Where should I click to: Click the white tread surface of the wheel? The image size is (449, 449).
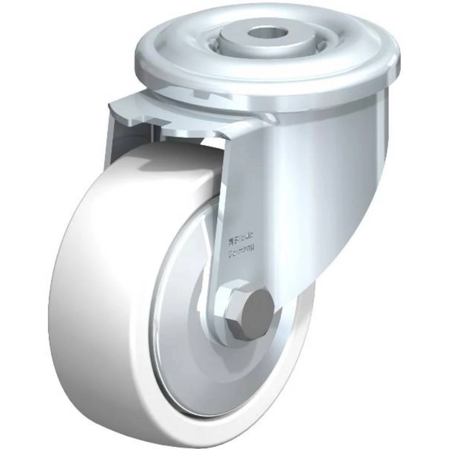click(x=90, y=292)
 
